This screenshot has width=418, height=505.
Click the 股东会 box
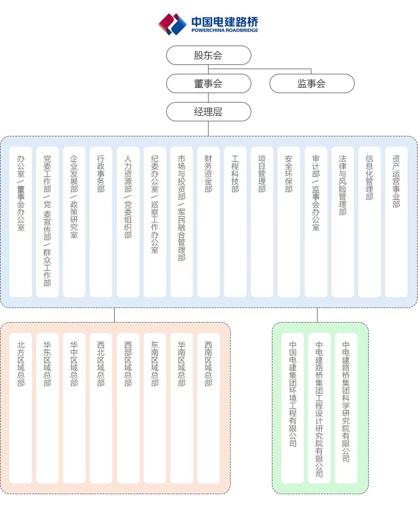pyautogui.click(x=209, y=55)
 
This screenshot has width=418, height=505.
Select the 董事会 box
pyautogui.click(x=209, y=83)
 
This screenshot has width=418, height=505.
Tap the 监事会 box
pyautogui.click(x=312, y=83)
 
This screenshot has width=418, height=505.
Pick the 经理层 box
pyautogui.click(x=209, y=112)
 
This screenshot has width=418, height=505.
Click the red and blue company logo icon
pyautogui.click(x=172, y=24)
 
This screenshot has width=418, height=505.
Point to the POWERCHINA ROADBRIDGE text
pyautogui.click(x=224, y=30)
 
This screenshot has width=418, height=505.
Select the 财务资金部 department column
pyautogui.click(x=209, y=222)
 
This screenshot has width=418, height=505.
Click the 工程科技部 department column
pyautogui.click(x=235, y=222)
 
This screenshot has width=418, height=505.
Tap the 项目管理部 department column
pyautogui.click(x=262, y=222)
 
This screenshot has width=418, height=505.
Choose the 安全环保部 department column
pyautogui.click(x=289, y=222)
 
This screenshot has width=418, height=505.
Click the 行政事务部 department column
pyautogui.click(x=101, y=222)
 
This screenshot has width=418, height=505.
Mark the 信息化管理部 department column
pyautogui.click(x=370, y=222)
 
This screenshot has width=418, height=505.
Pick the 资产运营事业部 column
pyautogui.click(x=396, y=222)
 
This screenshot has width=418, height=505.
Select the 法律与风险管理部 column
pyautogui.click(x=343, y=222)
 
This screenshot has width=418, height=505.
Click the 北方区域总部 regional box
pyautogui.click(x=21, y=408)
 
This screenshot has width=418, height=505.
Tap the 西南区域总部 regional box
pyautogui.click(x=209, y=408)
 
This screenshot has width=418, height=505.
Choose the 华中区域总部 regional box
pyautogui.click(x=74, y=408)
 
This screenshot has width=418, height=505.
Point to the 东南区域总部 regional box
pyautogui.click(x=155, y=408)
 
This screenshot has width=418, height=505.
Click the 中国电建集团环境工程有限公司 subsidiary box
pyautogui.click(x=293, y=408)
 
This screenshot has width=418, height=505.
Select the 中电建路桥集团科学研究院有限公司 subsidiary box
pyautogui.click(x=346, y=408)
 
